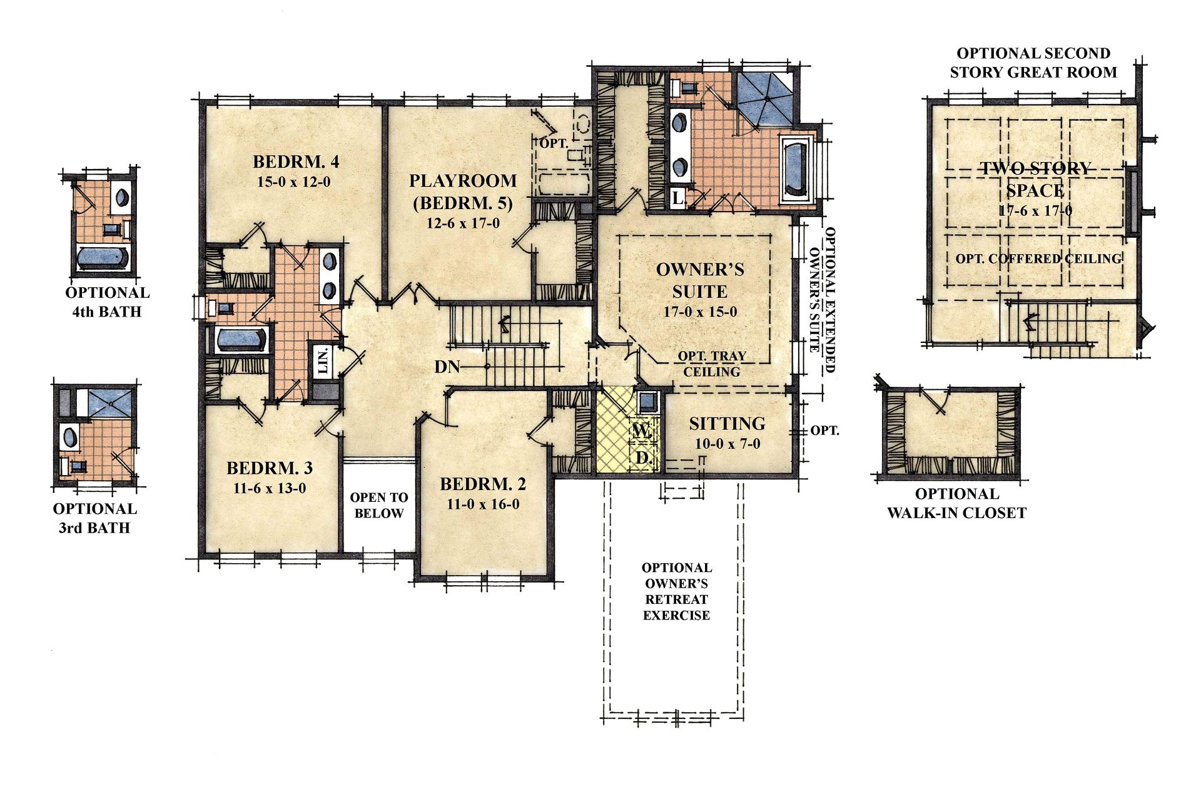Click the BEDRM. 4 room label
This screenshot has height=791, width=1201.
[296, 161]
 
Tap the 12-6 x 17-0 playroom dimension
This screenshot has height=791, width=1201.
[463, 223]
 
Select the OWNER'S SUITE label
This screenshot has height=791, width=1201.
[700, 280]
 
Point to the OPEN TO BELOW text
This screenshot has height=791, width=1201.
[379, 505]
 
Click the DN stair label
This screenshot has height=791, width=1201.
[447, 367]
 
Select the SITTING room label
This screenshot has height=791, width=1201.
[727, 424]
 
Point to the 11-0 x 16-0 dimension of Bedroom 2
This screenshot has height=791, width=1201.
[483, 504]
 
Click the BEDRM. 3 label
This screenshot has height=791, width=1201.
[270, 468]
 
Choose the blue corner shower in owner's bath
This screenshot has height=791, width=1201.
[765, 100]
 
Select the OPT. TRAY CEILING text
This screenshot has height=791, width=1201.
[712, 364]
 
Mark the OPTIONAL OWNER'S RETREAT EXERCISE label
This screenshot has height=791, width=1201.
[677, 591]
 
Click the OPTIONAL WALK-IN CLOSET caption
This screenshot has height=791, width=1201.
[956, 503]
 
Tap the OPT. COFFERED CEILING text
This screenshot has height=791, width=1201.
[1038, 258]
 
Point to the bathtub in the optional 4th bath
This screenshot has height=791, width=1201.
[102, 258]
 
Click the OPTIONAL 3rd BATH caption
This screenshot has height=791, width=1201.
[95, 518]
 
